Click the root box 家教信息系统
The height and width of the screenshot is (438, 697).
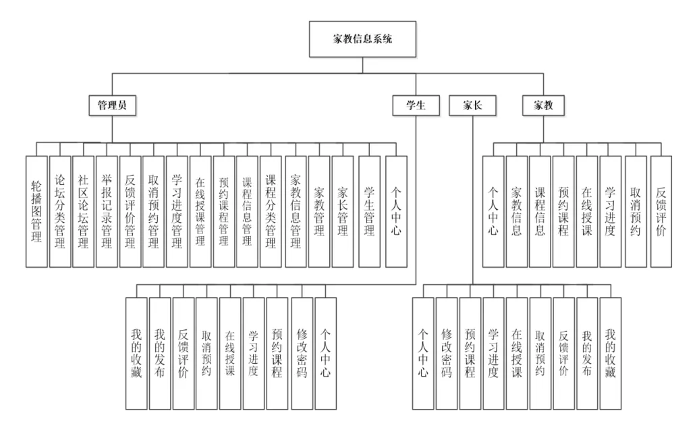tap(362, 38)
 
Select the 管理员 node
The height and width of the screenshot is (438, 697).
tap(112, 105)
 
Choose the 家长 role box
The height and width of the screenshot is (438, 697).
tap(471, 105)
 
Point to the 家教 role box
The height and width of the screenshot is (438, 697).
tap(544, 105)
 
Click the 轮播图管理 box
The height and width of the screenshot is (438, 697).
tap(36, 211)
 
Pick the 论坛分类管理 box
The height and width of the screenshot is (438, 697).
tap(60, 211)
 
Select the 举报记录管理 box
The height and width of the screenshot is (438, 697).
tap(107, 211)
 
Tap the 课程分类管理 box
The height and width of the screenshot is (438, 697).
tap(271, 211)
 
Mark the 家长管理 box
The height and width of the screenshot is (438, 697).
tap(342, 211)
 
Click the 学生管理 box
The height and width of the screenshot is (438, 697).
tap(369, 211)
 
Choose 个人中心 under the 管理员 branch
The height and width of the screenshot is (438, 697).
tap(397, 211)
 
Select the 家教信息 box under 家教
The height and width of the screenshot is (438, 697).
tap(517, 211)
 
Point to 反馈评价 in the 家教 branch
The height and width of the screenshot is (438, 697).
tap(661, 211)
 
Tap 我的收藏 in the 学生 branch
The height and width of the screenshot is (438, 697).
tap(136, 353)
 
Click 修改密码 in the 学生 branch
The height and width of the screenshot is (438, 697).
tap(302, 353)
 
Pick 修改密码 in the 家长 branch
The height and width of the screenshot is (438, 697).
tap(447, 353)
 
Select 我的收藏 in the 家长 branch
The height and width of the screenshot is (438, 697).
tap(610, 353)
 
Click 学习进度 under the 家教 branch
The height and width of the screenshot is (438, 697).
tap(610, 211)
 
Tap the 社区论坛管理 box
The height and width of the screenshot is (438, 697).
tap(83, 211)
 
